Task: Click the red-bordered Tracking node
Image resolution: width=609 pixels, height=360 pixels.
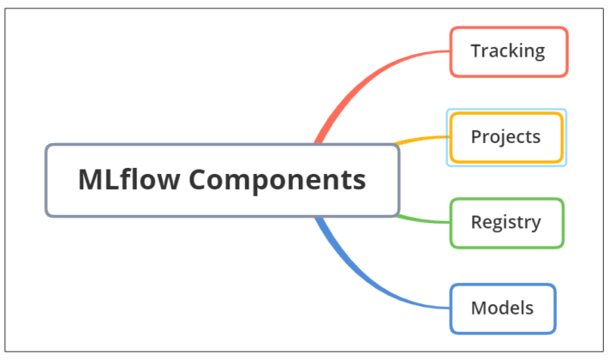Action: click(508, 51)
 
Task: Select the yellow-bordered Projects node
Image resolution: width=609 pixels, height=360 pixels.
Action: click(505, 137)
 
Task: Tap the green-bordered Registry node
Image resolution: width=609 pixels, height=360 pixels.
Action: click(505, 223)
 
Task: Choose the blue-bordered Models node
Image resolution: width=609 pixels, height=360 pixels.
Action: click(502, 309)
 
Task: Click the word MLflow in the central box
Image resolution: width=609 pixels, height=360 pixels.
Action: click(128, 180)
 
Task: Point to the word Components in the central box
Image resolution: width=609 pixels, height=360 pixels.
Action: click(278, 181)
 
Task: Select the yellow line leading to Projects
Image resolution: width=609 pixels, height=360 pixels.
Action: click(420, 139)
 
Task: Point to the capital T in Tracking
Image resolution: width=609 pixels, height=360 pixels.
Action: click(476, 51)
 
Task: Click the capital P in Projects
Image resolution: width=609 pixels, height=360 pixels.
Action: click(476, 136)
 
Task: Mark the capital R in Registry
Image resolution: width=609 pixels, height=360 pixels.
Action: click(476, 222)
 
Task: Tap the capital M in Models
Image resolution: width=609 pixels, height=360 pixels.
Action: click(478, 308)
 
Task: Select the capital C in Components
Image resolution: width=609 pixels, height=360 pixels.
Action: click(199, 180)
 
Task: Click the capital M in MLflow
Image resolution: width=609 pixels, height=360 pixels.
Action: click(90, 180)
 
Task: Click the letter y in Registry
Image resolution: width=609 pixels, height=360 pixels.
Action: click(536, 225)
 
